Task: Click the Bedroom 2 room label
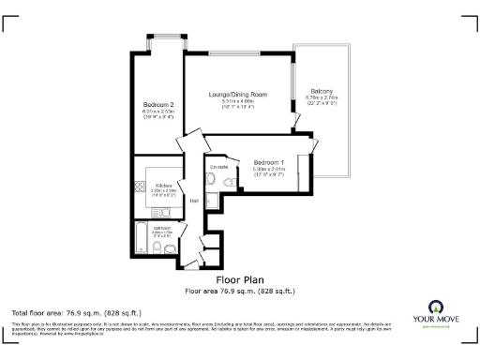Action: pos(158,104)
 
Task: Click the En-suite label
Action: pos(219,168)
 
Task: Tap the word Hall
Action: pos(193,201)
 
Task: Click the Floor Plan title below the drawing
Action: pos(239,279)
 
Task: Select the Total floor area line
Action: pos(77,311)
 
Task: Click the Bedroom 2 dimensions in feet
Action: pos(158,117)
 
